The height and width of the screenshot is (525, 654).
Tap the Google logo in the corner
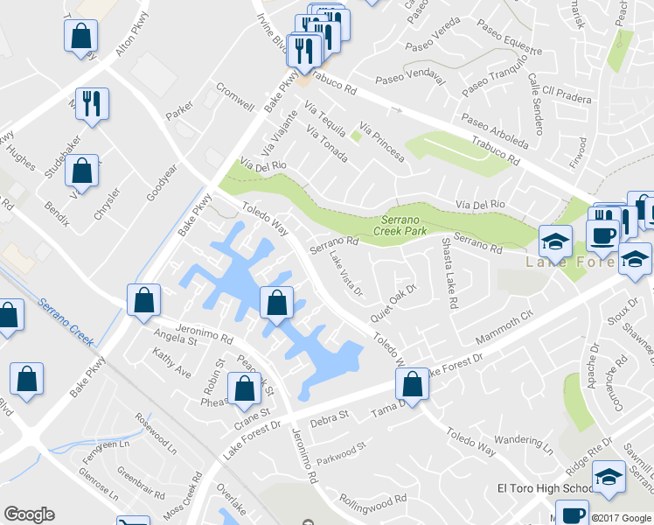point(29,514)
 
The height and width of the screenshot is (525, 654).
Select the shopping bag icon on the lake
point(276,304)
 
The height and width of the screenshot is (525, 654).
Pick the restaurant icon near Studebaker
point(91,103)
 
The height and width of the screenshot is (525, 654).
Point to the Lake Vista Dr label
point(345,274)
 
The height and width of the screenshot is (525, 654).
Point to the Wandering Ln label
point(523,444)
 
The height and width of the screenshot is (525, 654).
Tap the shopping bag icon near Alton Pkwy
point(80,38)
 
